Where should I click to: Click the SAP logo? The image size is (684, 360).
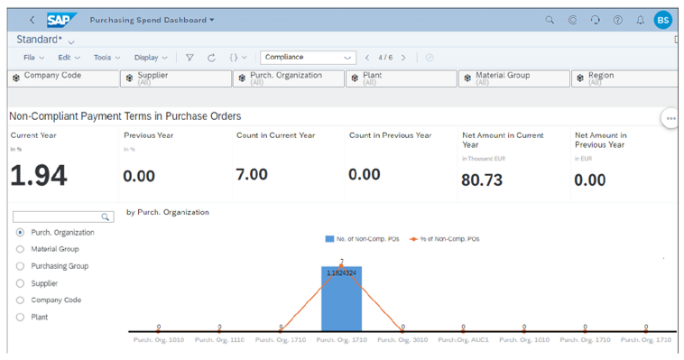coord(62,19)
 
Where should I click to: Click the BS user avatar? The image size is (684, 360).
coord(663,20)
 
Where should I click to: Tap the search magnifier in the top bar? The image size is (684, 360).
coord(550,20)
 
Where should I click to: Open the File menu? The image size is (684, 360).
coord(32,58)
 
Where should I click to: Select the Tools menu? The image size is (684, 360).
coord(105,58)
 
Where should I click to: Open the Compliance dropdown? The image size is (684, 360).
coord(309,58)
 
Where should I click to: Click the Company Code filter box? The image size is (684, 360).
coord(61,78)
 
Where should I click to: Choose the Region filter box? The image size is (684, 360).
coord(623,78)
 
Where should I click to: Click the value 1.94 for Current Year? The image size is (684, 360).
coord(39,176)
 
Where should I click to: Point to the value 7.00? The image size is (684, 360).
coord(251,174)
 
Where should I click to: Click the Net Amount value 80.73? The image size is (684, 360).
coord(481,180)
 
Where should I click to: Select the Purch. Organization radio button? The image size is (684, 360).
coord(21,233)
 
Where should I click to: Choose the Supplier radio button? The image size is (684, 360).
coord(21,283)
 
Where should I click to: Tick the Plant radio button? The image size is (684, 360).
coord(21,318)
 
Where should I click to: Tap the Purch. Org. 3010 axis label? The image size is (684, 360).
coord(402,340)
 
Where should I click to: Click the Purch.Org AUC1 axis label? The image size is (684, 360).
coord(463,340)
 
